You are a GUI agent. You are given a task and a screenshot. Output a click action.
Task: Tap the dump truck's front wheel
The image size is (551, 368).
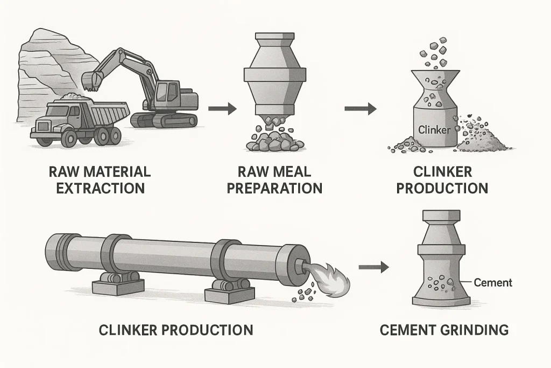[69, 138]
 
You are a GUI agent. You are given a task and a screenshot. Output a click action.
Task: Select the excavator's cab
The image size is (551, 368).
[168, 93]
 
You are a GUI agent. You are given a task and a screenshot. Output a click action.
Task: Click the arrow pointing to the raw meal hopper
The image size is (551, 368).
[222, 109]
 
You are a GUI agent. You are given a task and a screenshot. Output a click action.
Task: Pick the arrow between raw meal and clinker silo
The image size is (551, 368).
[360, 109]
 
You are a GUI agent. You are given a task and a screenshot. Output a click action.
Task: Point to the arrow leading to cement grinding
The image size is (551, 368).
[373, 266]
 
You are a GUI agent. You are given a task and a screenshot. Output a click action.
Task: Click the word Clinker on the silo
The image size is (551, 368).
[433, 129]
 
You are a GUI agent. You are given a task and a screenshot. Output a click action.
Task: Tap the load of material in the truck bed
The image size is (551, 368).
[73, 98]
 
